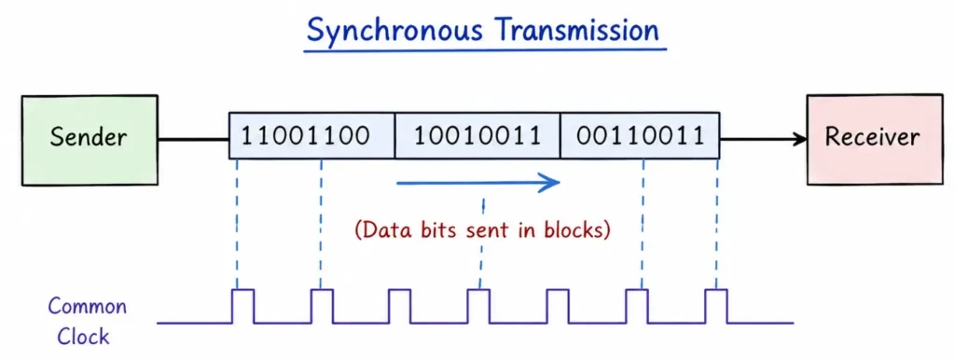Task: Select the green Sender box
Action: [x=90, y=139]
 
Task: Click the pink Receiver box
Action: [x=871, y=138]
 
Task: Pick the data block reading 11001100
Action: [x=311, y=136]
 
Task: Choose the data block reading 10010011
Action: [x=477, y=136]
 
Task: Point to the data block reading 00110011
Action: [x=640, y=136]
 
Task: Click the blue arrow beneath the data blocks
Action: [x=477, y=182]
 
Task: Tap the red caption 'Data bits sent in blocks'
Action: [x=482, y=229]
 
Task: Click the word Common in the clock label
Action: [x=87, y=307]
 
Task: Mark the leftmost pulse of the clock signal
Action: [x=242, y=305]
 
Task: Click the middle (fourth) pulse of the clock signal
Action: [x=477, y=305]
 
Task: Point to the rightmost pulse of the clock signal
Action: [x=715, y=305]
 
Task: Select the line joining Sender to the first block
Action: [x=193, y=140]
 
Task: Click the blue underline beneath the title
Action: [x=483, y=48]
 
